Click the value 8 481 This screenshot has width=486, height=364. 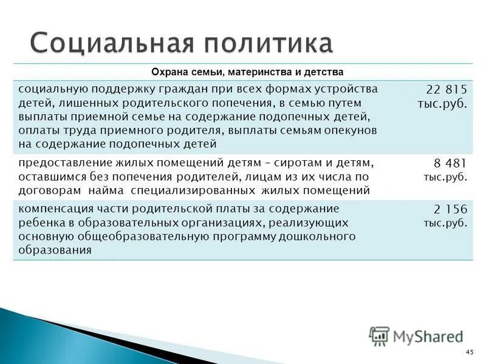pos(451,164)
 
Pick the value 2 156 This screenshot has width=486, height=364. pos(451,209)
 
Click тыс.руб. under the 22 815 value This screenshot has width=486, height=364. pos(443,104)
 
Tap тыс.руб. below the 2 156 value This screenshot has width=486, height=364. pos(446,223)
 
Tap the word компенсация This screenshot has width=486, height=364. pos(52,208)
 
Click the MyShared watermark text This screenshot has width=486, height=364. pos(428,335)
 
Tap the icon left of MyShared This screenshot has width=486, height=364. pos(380,335)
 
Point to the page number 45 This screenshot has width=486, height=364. pos(468,352)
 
